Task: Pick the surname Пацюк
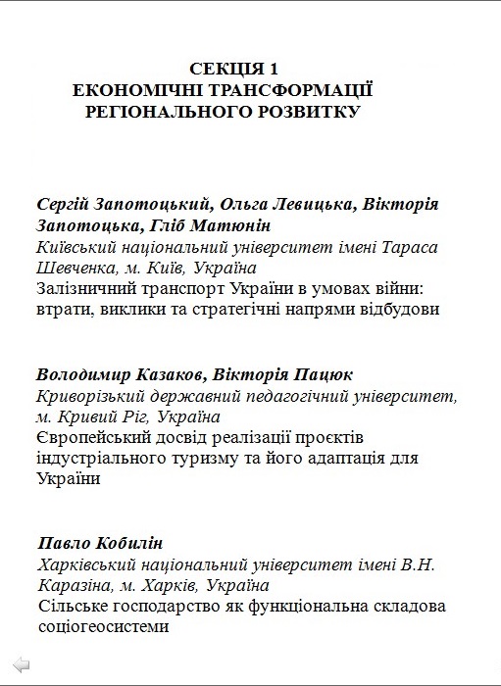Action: click(x=320, y=374)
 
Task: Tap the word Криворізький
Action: click(x=88, y=396)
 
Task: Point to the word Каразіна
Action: click(x=75, y=586)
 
